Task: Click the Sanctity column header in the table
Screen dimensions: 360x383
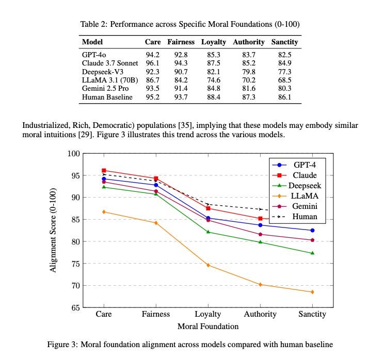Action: point(284,42)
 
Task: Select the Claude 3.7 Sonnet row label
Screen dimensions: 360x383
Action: point(110,63)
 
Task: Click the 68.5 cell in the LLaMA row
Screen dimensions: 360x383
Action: point(284,80)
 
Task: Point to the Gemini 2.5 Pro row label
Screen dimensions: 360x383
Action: point(105,89)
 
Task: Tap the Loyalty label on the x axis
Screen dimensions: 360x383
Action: point(208,314)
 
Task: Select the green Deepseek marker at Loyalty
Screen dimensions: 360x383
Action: point(208,232)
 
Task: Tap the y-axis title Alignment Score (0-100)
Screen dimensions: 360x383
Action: point(53,231)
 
